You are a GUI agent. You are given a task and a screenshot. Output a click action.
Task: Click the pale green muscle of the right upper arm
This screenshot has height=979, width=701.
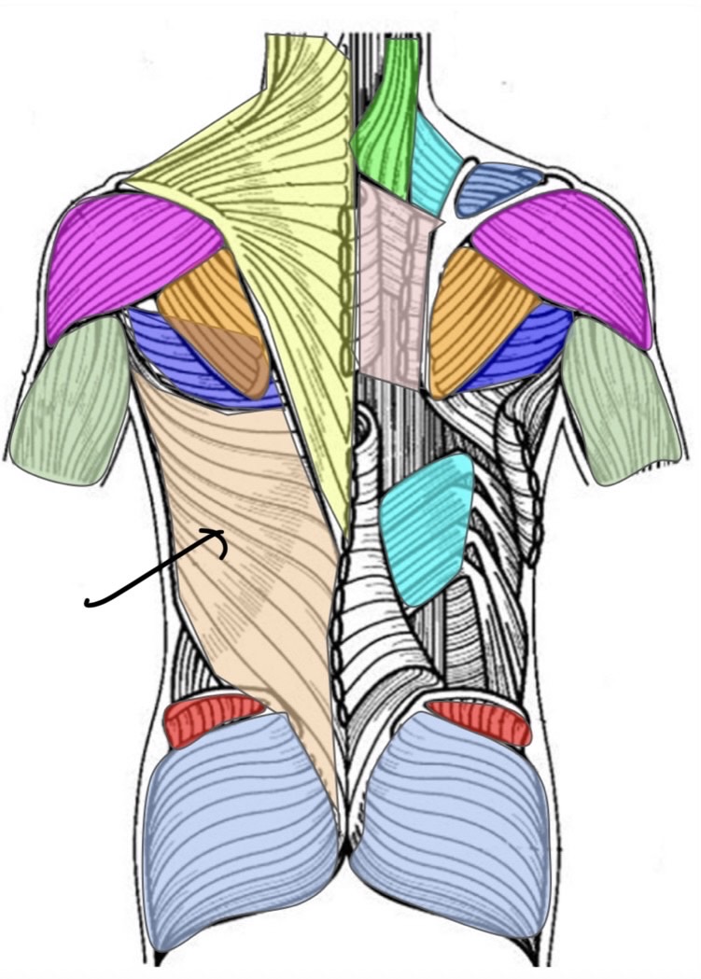621,401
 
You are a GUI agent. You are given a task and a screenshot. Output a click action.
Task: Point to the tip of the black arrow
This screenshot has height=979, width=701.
224,532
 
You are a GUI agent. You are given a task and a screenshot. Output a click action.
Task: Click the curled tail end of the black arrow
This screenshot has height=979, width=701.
87,603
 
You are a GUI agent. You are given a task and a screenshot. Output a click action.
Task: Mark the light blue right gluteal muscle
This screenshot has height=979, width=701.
448,821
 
